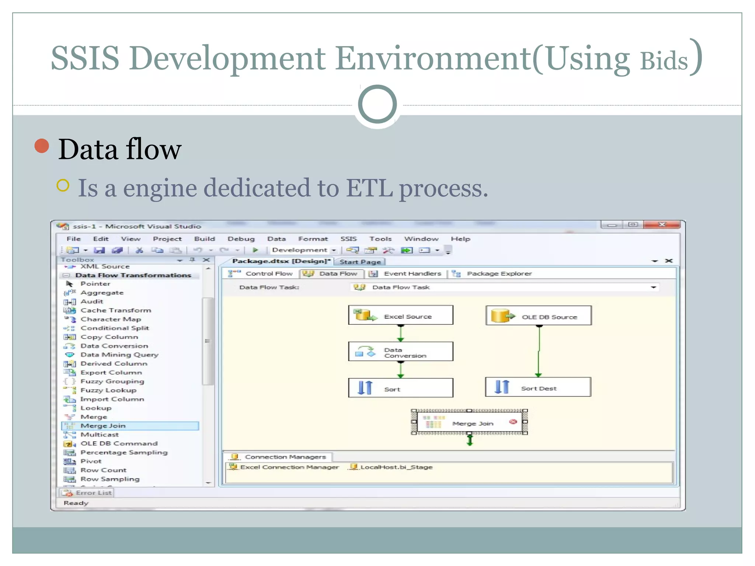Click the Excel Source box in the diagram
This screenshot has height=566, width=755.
401,315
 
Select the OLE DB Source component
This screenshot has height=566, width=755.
539,316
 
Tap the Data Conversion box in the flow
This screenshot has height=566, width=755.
401,352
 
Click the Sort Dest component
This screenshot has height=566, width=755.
538,388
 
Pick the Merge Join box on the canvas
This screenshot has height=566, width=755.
469,423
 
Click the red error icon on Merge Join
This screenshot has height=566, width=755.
513,422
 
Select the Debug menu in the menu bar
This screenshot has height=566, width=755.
241,239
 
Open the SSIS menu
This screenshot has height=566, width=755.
348,239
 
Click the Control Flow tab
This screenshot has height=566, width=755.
269,273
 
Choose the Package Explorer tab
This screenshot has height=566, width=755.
499,273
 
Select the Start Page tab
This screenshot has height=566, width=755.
360,262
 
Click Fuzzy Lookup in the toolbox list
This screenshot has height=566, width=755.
108,390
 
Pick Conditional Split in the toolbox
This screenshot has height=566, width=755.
115,328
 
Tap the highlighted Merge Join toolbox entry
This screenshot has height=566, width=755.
103,426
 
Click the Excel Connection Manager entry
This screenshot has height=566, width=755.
289,467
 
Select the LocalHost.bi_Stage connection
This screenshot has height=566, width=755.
396,467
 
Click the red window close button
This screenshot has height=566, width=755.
662,225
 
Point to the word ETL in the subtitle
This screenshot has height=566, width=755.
369,188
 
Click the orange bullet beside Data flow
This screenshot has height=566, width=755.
42,146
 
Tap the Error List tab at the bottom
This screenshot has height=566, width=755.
93,493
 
